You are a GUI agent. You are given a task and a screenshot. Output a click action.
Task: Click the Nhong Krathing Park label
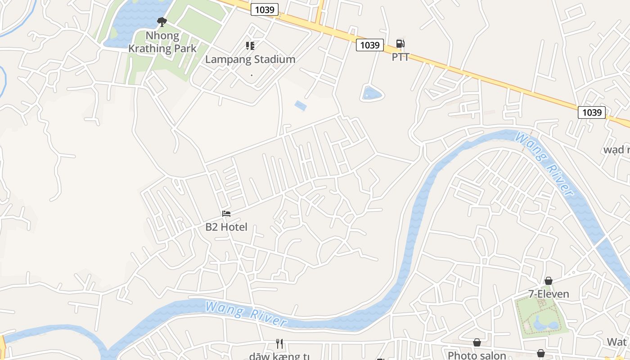pos(162,42)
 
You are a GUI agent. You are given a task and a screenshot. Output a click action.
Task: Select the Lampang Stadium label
pos(250,59)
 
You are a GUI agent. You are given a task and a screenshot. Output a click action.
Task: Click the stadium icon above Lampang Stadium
pos(250,45)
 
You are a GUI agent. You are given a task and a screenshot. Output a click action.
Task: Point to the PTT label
pos(400,57)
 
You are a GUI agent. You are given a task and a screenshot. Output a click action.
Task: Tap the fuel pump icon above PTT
pos(400,44)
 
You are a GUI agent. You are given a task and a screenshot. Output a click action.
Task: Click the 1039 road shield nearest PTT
pos(370,45)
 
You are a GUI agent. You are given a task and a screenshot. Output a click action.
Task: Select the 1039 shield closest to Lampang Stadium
pos(265,9)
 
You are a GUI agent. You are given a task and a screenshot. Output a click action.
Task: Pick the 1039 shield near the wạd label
pos(591,112)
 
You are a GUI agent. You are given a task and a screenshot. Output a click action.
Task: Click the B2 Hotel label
pos(226,227)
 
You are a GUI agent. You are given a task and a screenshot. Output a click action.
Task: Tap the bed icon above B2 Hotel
pos(226,213)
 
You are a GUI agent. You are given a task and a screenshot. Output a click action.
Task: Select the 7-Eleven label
pos(549,294)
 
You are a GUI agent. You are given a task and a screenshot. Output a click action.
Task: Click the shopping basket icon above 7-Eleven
pos(549,281)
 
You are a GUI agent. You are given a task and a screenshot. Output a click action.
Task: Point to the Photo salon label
pos(477,355)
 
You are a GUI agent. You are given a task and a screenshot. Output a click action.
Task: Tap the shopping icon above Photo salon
pos(477,343)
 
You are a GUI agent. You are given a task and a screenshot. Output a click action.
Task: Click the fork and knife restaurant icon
pos(279,344)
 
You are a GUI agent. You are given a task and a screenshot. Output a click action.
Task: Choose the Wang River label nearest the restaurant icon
pos(246,314)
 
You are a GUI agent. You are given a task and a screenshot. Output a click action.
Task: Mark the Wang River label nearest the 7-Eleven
pos(545,164)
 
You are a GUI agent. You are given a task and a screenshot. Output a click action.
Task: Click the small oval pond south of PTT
pos(372,94)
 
